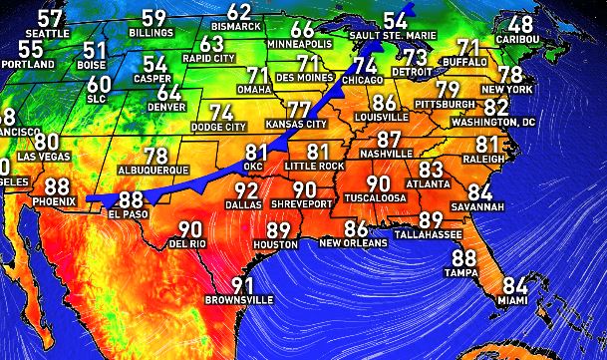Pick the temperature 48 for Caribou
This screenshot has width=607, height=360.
point(520,24)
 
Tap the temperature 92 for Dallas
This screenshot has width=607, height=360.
point(245,190)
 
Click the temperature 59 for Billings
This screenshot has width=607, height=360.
point(153,18)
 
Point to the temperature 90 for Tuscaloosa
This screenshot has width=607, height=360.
point(378,183)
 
